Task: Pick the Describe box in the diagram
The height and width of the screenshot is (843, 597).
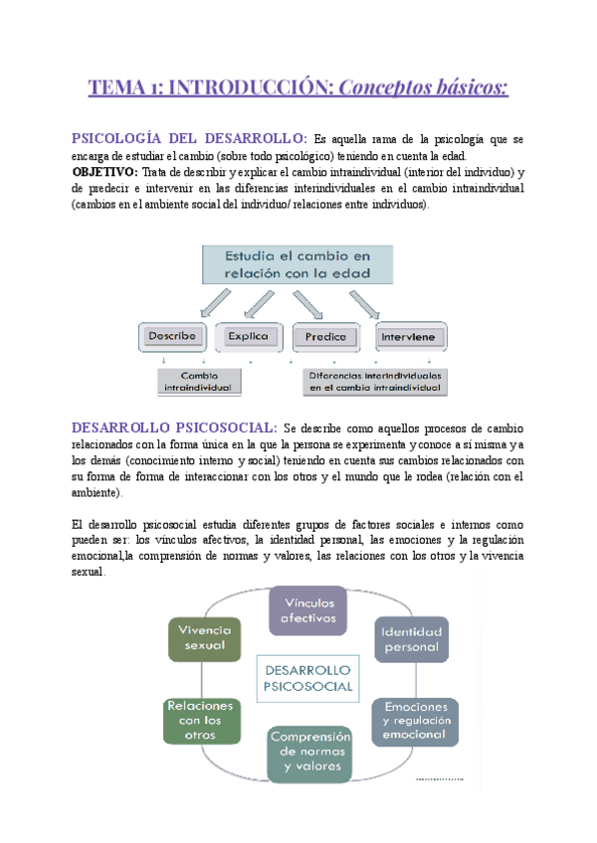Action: point(174,336)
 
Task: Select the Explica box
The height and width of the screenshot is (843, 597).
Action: point(249,336)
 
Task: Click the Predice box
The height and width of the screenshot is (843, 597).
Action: point(325,336)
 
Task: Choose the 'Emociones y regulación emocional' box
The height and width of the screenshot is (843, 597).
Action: point(416,719)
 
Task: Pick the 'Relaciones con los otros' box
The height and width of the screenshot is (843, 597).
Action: point(202,719)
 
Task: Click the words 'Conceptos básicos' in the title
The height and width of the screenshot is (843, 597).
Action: point(424,88)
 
